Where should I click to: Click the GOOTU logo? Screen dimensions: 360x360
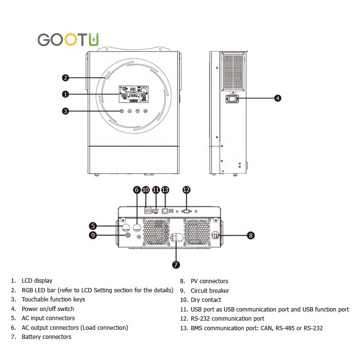point(68,39)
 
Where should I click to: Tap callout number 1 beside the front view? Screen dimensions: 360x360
point(65,94)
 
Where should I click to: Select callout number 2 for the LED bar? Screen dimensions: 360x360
point(65,78)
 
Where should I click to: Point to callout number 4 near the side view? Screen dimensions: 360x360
point(278,98)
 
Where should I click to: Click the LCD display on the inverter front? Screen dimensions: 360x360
point(133,94)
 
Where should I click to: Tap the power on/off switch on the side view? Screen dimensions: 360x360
point(232,99)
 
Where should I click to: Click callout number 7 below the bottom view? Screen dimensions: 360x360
point(176,264)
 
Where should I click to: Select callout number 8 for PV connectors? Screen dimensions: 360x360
point(251,235)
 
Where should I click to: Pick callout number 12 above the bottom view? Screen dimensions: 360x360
point(186,190)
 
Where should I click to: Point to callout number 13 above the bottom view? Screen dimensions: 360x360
point(165,190)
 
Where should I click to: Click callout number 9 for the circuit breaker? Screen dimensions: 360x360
point(93,235)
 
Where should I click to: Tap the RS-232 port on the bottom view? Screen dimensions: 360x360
point(186,211)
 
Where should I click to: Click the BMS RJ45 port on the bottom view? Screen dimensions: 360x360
point(165,211)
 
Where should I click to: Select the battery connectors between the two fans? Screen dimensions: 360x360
point(176,238)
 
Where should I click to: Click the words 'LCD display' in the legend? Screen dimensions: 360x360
point(37,281)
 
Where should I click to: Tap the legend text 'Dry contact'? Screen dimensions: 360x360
point(206,300)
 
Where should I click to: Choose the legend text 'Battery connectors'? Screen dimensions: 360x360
point(47,337)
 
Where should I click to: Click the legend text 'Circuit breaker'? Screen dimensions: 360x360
point(210,291)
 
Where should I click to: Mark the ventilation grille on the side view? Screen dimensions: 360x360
point(233,72)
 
